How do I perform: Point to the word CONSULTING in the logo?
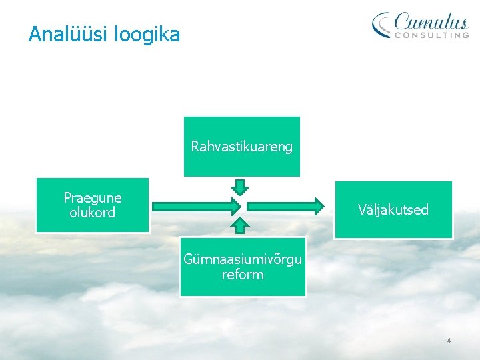(x=431, y=35)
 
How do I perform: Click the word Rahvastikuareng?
(x=242, y=147)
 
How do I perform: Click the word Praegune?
(x=93, y=198)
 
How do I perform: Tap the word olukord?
(x=93, y=213)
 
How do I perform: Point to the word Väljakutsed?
(x=393, y=210)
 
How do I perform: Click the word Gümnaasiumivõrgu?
(x=243, y=259)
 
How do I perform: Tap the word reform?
(x=243, y=274)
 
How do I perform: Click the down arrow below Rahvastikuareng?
(x=242, y=186)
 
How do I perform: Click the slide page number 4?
(x=449, y=341)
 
